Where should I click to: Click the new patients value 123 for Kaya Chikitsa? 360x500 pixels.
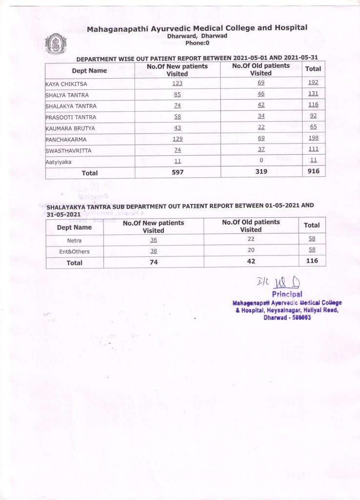[177, 83]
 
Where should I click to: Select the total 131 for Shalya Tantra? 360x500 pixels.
[313, 94]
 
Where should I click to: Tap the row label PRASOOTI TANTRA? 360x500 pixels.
[71, 118]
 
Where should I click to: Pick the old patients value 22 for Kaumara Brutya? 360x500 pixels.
[260, 128]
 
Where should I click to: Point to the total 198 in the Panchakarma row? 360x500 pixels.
[313, 139]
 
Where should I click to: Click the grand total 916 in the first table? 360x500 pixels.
[313, 172]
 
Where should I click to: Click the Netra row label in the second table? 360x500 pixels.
[75, 241]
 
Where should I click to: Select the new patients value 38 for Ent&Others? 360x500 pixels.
[154, 251]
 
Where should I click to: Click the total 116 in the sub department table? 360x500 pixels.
[312, 261]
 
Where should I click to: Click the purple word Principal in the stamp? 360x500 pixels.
[287, 294]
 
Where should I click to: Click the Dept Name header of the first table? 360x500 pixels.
[89, 71]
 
